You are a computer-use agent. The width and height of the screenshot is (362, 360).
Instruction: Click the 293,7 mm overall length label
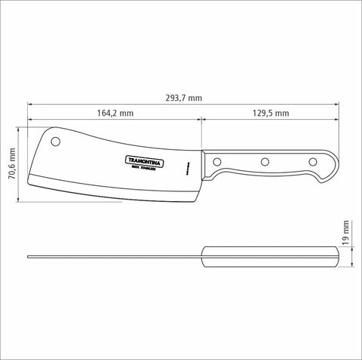pyautogui.click(x=183, y=97)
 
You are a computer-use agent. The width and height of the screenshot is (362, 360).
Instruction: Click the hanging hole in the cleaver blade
pyautogui.click(x=57, y=142)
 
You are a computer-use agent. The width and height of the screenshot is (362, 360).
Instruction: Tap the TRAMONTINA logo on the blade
pyautogui.click(x=140, y=160)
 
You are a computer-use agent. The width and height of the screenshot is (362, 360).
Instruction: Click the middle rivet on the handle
pyautogui.click(x=265, y=161)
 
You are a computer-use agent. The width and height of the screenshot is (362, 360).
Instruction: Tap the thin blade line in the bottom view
pyautogui.click(x=113, y=258)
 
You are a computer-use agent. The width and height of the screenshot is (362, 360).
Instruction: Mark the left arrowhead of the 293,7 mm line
pyautogui.click(x=30, y=105)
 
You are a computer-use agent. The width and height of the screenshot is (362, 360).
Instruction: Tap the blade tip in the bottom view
pyautogui.click(x=29, y=258)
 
